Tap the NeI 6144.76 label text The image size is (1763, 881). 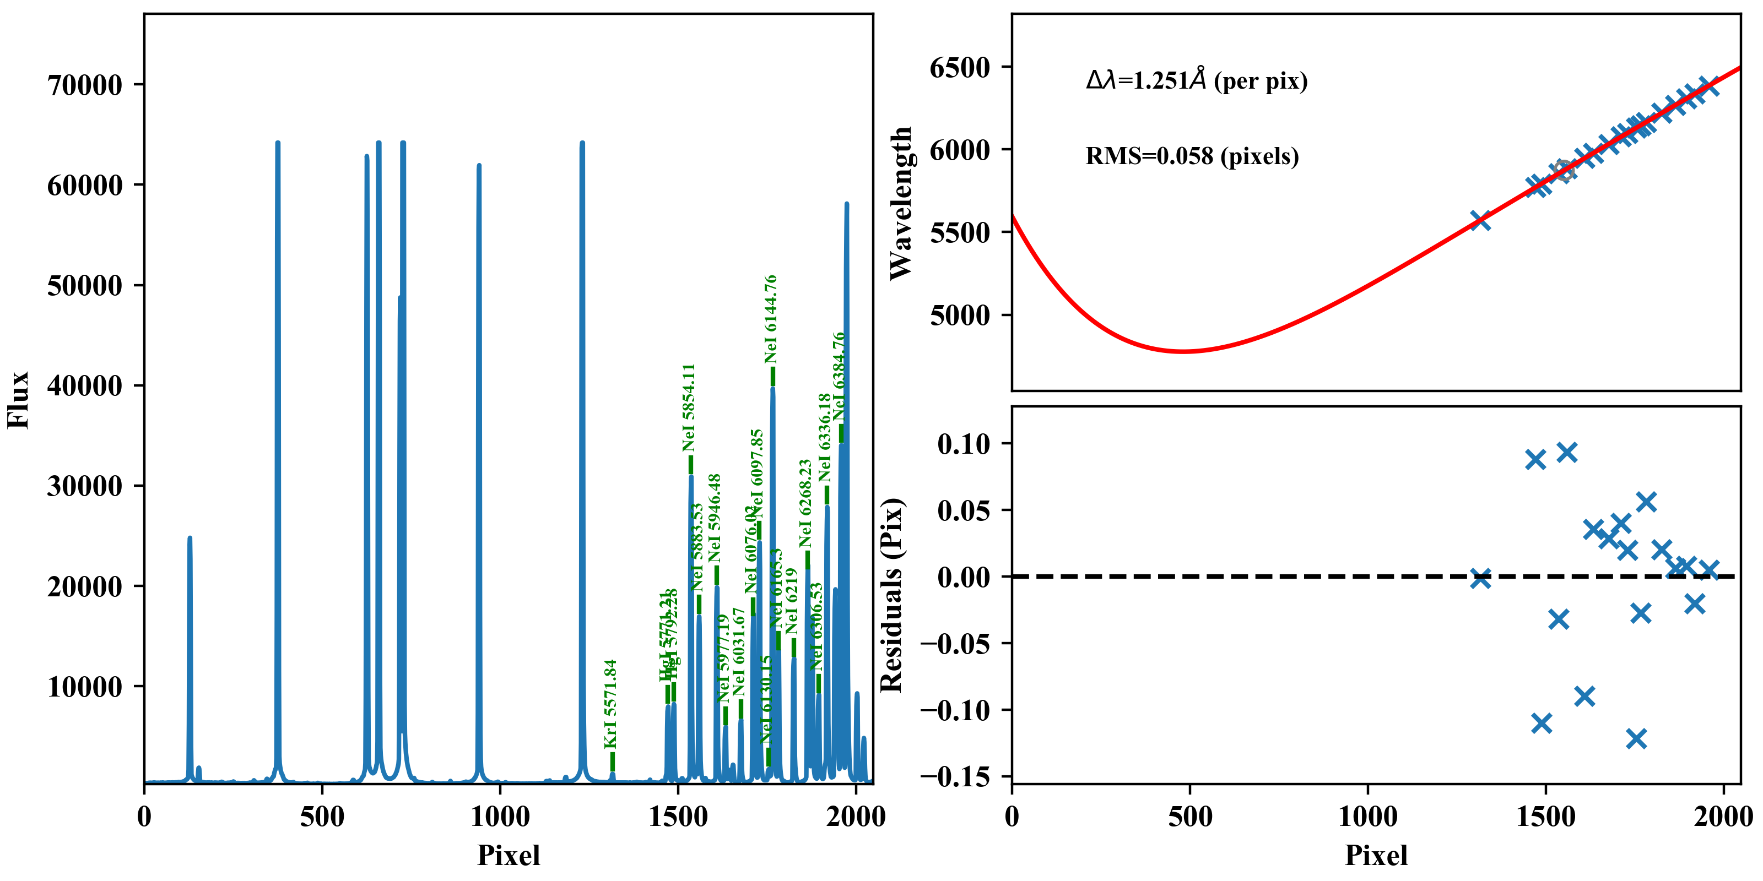(771, 319)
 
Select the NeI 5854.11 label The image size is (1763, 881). (689, 407)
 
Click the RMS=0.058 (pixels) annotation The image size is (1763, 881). (1192, 156)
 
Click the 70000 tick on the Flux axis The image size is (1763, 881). (84, 85)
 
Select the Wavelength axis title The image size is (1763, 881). (901, 203)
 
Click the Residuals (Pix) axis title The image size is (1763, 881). (892, 595)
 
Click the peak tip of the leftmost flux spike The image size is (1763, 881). (190, 539)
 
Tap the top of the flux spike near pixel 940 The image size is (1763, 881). (478, 166)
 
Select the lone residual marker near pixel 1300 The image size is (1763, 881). (1480, 579)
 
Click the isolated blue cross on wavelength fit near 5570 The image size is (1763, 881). (1480, 220)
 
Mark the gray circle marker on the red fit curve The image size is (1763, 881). (1563, 170)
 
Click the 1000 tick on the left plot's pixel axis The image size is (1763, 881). (500, 817)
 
